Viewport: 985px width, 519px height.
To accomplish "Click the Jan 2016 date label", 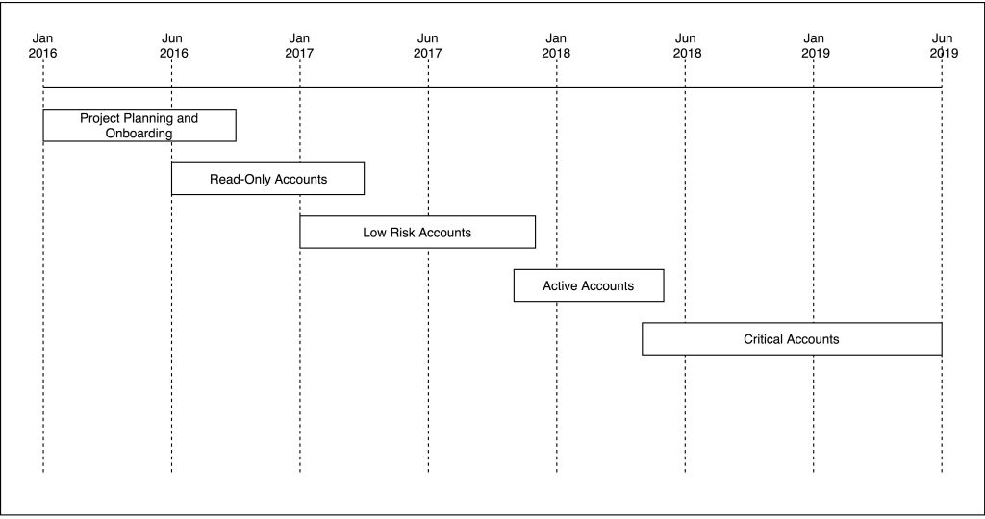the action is (x=42, y=46).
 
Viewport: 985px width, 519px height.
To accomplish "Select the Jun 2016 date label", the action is (x=173, y=46).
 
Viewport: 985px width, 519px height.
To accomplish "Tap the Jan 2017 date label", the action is (x=300, y=46).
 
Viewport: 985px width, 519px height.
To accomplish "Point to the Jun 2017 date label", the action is (x=428, y=46).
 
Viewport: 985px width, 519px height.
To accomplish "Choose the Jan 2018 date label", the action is (x=556, y=46).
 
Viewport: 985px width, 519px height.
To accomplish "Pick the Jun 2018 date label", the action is (x=687, y=46).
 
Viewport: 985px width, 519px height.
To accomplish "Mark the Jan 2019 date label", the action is (x=816, y=46).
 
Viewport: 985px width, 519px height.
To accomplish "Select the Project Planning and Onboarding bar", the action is (x=139, y=126).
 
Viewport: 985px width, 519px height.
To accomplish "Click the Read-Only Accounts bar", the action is (x=267, y=179).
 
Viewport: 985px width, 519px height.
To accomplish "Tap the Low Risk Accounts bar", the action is (x=417, y=233).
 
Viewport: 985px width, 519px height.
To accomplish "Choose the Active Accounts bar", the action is (x=589, y=285).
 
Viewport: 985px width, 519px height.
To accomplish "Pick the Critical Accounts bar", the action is (x=793, y=339).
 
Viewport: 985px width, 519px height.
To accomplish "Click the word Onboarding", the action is (x=139, y=134).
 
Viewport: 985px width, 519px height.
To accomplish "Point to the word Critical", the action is (x=763, y=339).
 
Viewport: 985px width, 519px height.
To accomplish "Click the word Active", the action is (x=558, y=286).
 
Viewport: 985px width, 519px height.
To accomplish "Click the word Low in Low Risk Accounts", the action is (x=374, y=233).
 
